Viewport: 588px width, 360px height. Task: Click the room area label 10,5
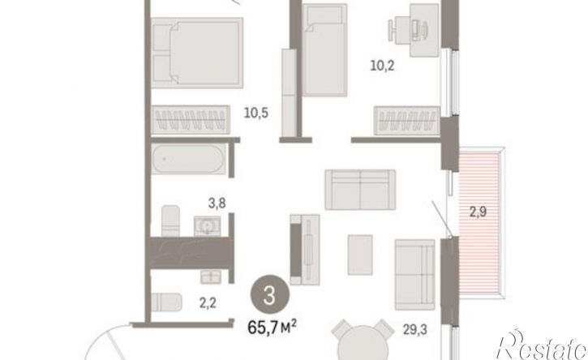(256, 113)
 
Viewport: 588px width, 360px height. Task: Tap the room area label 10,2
(382, 66)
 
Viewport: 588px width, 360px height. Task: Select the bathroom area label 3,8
(217, 204)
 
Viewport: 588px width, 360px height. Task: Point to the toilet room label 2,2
(208, 302)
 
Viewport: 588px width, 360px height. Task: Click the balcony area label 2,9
(479, 212)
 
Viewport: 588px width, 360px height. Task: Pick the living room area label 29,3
(414, 330)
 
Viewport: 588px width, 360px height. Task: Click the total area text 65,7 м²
(272, 327)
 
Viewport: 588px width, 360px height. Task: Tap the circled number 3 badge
(269, 296)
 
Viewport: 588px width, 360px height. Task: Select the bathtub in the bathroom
(189, 159)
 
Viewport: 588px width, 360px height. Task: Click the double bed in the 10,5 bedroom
(197, 53)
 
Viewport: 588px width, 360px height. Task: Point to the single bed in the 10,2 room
(324, 50)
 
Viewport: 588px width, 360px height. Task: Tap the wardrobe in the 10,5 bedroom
(191, 120)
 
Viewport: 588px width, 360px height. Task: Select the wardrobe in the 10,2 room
(406, 120)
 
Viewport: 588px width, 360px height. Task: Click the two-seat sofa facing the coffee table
(360, 190)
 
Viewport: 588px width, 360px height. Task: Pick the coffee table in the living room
(360, 255)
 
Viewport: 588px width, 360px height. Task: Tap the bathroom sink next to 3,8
(207, 226)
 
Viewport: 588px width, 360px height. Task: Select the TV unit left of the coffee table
(304, 250)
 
